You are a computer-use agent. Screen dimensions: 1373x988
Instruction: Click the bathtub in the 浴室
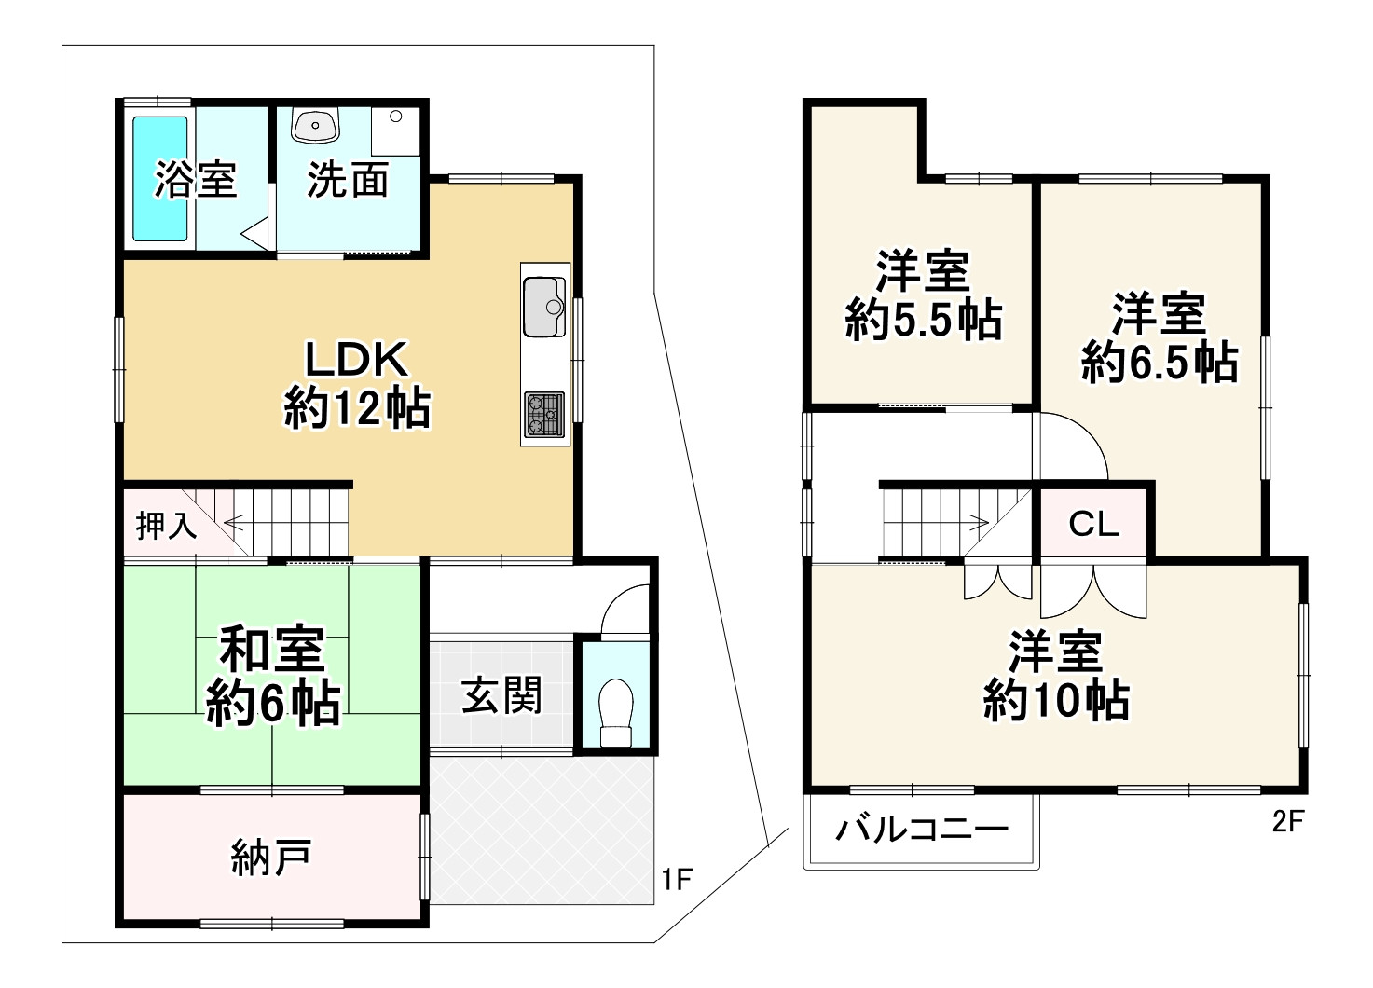pos(160,178)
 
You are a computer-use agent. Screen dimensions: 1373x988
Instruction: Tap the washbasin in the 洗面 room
pos(315,125)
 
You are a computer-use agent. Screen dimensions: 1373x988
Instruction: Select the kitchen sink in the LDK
pos(544,307)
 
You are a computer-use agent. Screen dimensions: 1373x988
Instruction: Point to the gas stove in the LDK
pos(544,415)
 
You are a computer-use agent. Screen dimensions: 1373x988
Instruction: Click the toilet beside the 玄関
pos(616,713)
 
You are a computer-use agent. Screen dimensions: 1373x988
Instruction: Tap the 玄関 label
pos(501,695)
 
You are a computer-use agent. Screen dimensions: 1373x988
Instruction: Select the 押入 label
pos(166,526)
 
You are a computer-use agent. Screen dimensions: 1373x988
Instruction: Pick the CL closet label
pos(1094,524)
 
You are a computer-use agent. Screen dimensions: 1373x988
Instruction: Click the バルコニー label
pos(922,830)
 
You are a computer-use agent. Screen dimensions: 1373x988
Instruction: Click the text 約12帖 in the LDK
pos(357,408)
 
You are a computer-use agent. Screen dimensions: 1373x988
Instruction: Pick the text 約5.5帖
pos(924,320)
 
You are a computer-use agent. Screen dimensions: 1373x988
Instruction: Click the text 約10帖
pos(1057,700)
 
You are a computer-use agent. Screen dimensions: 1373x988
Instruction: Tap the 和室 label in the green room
pos(272,650)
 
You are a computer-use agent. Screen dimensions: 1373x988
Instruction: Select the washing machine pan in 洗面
pos(396,131)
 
